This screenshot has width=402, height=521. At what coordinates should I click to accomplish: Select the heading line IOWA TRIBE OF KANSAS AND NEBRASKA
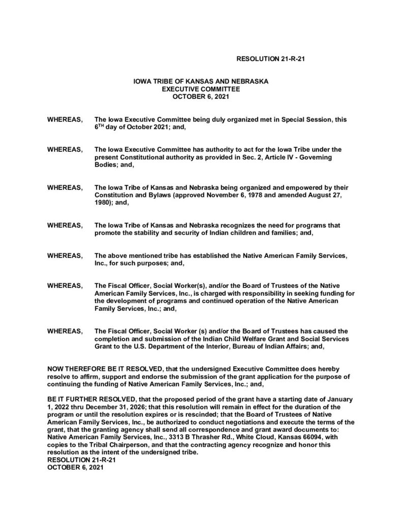coord(201,81)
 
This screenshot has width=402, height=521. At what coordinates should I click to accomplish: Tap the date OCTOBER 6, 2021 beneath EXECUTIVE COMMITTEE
coord(201,95)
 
